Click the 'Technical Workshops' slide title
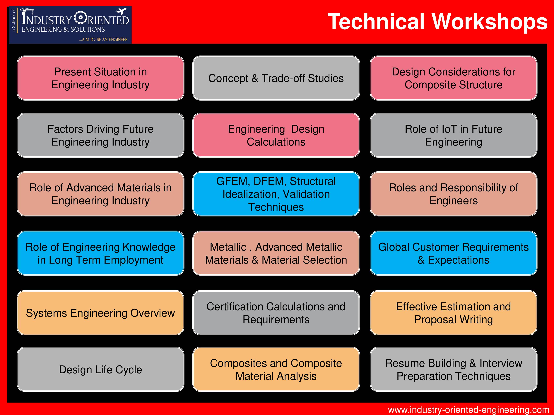[x=437, y=22]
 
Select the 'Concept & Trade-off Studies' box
[x=276, y=78]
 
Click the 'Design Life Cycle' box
[x=100, y=369]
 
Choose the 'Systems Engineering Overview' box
[x=100, y=313]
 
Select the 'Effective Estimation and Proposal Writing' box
[x=453, y=313]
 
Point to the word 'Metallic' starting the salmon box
[x=228, y=247]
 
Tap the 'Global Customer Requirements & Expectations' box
[x=453, y=253]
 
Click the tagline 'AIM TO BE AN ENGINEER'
[x=103, y=39]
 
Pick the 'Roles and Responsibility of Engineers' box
[x=453, y=194]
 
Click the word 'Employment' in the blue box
[x=134, y=260]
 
